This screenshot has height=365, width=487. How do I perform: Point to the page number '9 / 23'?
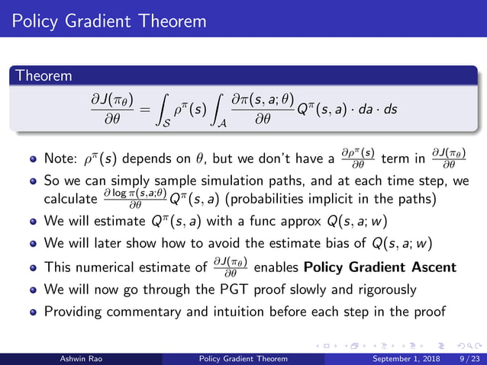coord(466,357)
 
